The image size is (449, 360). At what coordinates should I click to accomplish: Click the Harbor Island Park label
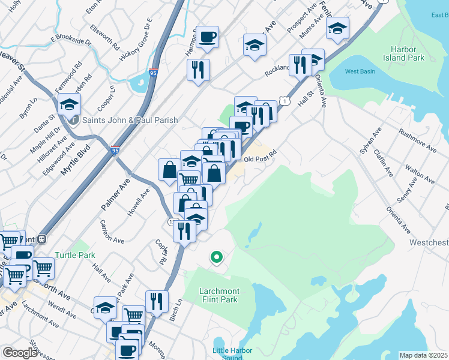pyautogui.click(x=408, y=53)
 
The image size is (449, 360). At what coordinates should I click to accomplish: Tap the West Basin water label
pyautogui.click(x=360, y=72)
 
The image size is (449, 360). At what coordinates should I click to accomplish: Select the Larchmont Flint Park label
pyautogui.click(x=219, y=295)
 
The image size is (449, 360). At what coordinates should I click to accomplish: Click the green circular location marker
pyautogui.click(x=216, y=257)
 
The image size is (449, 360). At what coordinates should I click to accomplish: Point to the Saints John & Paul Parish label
pyautogui.click(x=131, y=120)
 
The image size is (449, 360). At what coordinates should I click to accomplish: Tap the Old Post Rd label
pyautogui.click(x=260, y=159)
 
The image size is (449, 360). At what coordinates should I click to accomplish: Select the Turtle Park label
pyautogui.click(x=75, y=255)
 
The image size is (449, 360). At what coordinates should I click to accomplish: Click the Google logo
pyautogui.click(x=20, y=353)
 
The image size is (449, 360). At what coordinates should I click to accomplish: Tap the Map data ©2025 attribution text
pyautogui.click(x=423, y=355)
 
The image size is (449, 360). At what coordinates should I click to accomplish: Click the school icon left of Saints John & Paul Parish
pyautogui.click(x=70, y=104)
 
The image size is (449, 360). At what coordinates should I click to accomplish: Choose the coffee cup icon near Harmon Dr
pyautogui.click(x=207, y=37)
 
